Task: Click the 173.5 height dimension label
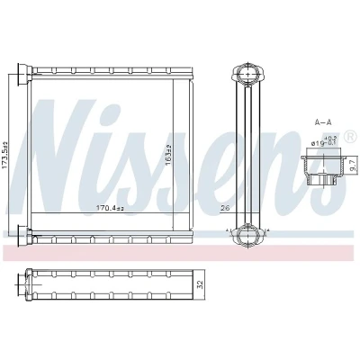[x=4, y=155]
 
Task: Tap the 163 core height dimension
[x=168, y=155]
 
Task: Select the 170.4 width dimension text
[x=110, y=208]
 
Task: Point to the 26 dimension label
[x=225, y=208]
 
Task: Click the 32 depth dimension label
[x=202, y=284]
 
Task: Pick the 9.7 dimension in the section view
[x=353, y=166]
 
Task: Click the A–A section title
[x=322, y=122]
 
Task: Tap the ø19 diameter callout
[x=325, y=141]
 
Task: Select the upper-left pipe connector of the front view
[x=25, y=74]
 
